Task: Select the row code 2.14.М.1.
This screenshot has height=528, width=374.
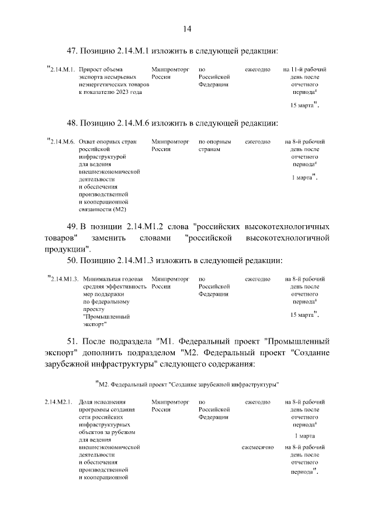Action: pyautogui.click(x=62, y=70)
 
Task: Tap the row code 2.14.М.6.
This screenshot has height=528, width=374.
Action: pyautogui.click(x=62, y=142)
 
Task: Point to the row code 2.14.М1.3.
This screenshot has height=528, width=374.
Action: pyautogui.click(x=64, y=280)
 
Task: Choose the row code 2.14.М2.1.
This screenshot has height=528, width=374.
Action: pyautogui.click(x=58, y=403)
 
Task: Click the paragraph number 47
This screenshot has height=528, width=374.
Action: pyautogui.click(x=75, y=51)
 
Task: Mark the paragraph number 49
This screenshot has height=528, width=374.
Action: pyautogui.click(x=75, y=226)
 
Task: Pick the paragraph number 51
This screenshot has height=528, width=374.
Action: pyautogui.click(x=75, y=341)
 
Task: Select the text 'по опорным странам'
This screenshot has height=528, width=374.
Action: pyautogui.click(x=215, y=145)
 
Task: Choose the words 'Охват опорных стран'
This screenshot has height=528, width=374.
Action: pyautogui.click(x=107, y=142)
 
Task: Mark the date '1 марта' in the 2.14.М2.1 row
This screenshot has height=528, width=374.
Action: pyautogui.click(x=304, y=436)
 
